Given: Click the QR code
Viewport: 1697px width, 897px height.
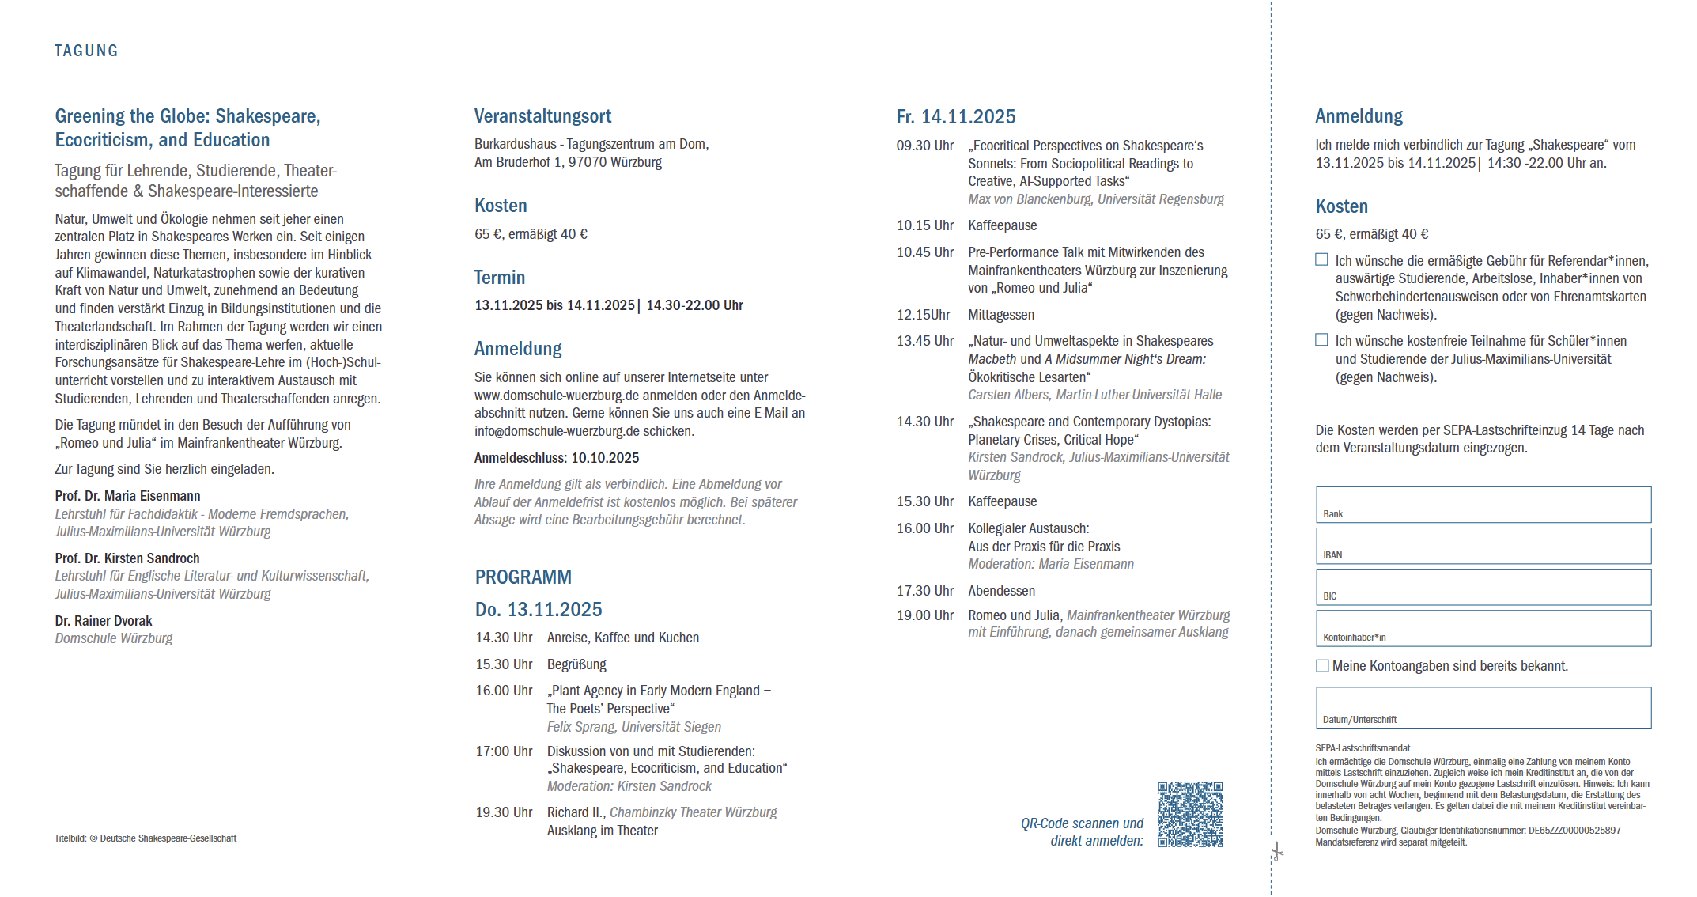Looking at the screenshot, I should (x=1190, y=814).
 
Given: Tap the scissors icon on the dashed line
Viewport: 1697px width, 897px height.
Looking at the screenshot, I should (x=1276, y=852).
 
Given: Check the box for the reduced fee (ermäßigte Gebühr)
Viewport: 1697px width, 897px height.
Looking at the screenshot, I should (x=1321, y=259).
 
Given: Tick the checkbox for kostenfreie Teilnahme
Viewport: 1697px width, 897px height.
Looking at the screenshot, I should (x=1321, y=339).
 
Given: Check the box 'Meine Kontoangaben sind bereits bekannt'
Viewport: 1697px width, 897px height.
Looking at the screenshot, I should (x=1322, y=666).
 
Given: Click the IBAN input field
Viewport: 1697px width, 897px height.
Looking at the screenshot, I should (x=1483, y=546).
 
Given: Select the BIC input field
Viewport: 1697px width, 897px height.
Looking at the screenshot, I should (x=1483, y=587).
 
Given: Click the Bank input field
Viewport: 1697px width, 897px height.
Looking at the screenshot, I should (x=1483, y=505).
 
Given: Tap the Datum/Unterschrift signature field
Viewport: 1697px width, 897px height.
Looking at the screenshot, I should (x=1483, y=707).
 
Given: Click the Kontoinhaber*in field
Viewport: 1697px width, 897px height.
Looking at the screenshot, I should (x=1483, y=628).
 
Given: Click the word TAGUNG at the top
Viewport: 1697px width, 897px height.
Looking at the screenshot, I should (x=86, y=51).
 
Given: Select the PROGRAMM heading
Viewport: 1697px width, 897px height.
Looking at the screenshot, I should (x=523, y=577).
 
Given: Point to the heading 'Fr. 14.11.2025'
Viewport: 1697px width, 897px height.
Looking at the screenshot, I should (x=955, y=117).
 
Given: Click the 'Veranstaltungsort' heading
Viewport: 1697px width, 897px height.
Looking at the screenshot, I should (x=542, y=116).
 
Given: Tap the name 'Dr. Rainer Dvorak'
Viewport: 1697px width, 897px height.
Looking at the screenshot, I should (x=104, y=621).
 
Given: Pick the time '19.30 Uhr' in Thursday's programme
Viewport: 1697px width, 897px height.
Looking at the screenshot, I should (x=504, y=812).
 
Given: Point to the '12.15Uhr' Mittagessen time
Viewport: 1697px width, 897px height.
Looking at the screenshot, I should (x=923, y=315).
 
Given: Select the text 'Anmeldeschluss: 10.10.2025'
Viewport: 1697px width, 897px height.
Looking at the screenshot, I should (x=557, y=458).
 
